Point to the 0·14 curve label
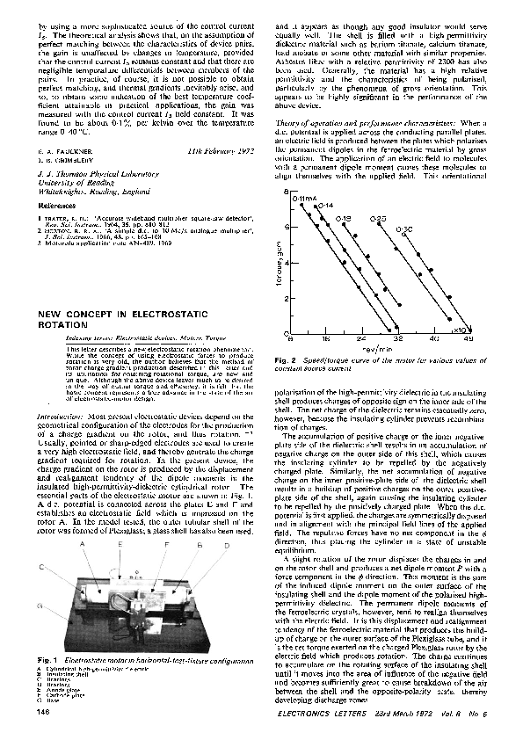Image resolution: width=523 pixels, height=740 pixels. coord(326,205)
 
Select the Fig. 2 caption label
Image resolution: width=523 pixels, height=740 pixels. coord(286,360)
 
